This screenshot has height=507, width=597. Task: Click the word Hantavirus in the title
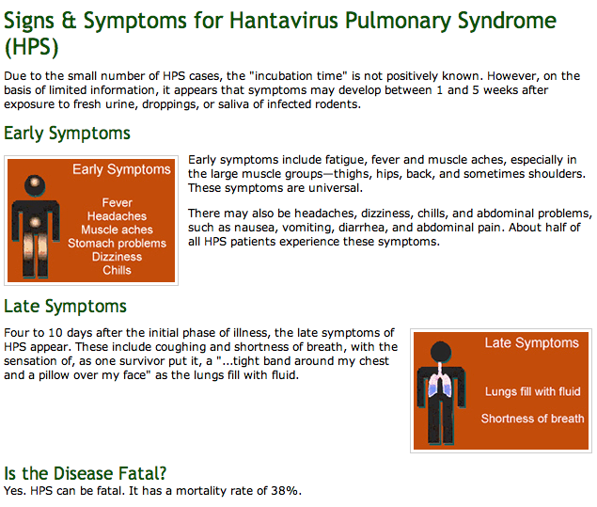coord(284,20)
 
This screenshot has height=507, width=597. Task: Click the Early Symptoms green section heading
coord(67,134)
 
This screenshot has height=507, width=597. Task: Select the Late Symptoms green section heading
coord(65,306)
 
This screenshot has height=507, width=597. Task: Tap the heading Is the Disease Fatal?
coord(86,473)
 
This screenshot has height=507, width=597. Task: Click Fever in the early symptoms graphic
coord(117,202)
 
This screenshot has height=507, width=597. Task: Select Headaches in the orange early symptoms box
coord(117,216)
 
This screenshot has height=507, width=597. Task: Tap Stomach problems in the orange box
coord(117,243)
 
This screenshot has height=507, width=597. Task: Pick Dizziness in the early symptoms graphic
coord(117,257)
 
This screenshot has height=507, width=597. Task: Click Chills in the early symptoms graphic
coord(117,270)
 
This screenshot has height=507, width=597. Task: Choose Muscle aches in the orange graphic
coord(117,230)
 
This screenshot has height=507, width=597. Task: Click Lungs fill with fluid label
coord(533,391)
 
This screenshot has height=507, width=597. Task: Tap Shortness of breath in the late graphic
coord(533,419)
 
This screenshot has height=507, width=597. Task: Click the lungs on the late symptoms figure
coord(440,385)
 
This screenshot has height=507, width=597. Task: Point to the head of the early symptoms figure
coord(35,185)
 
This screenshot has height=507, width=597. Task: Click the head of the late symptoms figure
coord(441,351)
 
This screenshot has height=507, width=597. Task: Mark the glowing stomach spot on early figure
coord(35,221)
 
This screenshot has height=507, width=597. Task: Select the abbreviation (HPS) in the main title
coord(31,47)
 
